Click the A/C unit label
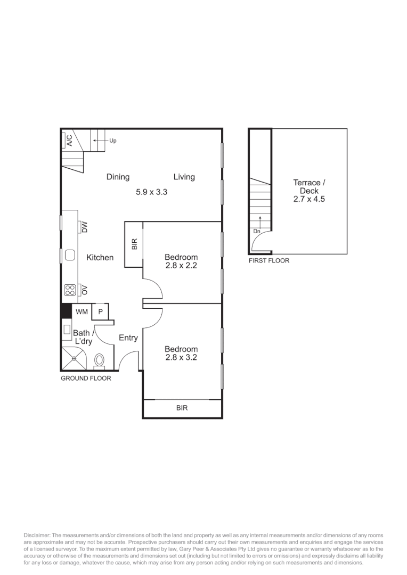(69, 140)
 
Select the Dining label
(118, 177)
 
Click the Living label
(184, 177)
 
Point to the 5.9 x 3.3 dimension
(151, 192)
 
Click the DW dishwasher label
(84, 227)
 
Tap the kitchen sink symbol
(70, 256)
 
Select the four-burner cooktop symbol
(70, 290)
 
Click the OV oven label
(84, 290)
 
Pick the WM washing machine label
(82, 311)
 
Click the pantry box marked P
(100, 311)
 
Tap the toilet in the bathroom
(100, 360)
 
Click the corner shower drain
(74, 358)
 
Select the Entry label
(128, 338)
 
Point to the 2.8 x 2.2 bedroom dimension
(181, 266)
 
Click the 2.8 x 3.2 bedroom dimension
(181, 357)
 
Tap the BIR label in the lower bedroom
(182, 408)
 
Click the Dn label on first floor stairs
(257, 231)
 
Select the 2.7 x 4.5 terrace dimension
(309, 199)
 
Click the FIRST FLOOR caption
(269, 261)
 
